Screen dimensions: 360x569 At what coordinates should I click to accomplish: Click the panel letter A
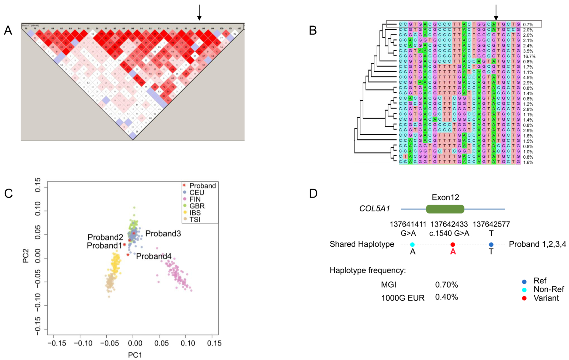click(x=8, y=31)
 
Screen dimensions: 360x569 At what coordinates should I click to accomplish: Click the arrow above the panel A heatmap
click(x=199, y=12)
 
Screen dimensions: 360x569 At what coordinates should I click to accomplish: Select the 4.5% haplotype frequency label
click(x=528, y=78)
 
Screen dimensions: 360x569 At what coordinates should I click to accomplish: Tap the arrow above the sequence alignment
click(x=496, y=12)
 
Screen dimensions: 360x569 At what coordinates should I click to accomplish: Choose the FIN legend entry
click(x=195, y=199)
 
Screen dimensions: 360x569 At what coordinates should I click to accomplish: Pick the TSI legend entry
click(x=195, y=220)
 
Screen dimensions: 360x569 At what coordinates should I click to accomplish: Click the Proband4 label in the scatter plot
click(x=154, y=257)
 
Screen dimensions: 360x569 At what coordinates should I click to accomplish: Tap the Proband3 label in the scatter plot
click(x=163, y=234)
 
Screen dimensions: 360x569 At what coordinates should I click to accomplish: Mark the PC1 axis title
click(x=135, y=355)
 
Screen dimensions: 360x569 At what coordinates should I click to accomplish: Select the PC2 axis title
click(x=26, y=257)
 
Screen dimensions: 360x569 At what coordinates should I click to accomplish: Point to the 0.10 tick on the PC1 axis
click(x=188, y=343)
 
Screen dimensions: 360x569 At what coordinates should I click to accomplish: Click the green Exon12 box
click(x=445, y=209)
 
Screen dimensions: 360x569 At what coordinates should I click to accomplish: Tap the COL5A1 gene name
click(x=374, y=209)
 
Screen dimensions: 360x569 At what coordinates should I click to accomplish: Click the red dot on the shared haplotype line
click(x=453, y=245)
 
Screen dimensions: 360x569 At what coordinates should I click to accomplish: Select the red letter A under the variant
click(x=453, y=252)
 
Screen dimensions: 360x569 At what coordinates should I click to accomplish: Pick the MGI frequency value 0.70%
click(x=446, y=285)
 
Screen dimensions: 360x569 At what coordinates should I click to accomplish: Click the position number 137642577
click(x=491, y=224)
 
